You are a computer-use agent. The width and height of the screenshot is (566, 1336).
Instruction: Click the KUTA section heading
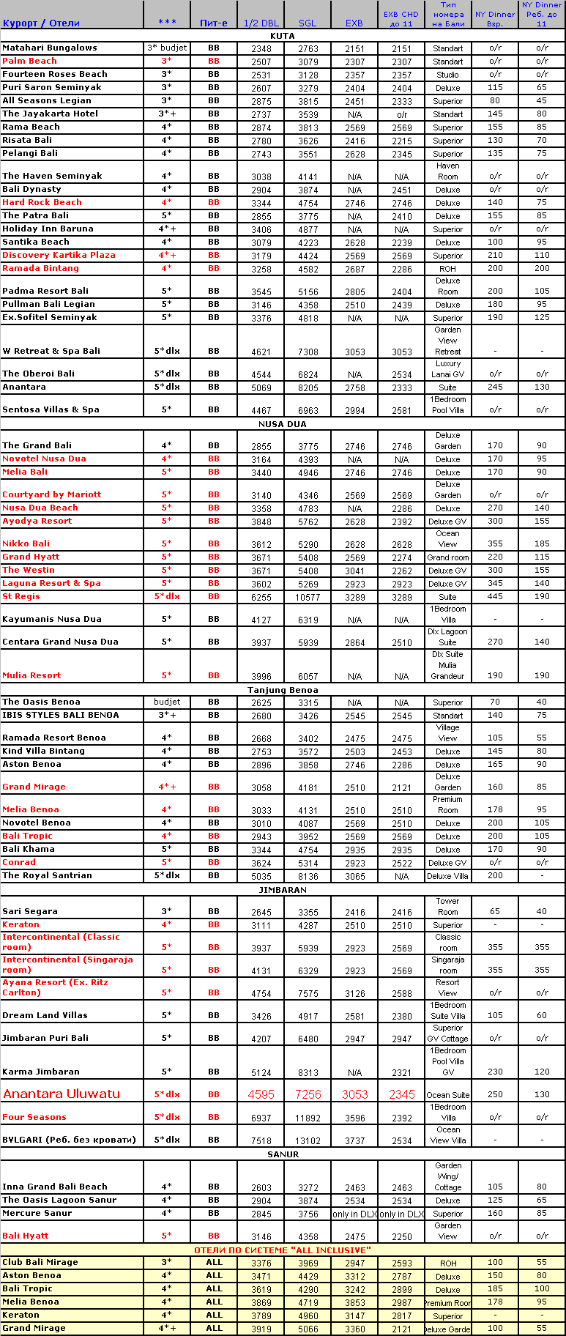[283, 35]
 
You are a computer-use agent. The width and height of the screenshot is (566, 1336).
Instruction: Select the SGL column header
[308, 23]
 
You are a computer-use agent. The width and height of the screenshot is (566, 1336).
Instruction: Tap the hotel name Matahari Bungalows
[50, 48]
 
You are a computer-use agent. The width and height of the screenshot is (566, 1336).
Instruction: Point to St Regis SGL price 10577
[308, 597]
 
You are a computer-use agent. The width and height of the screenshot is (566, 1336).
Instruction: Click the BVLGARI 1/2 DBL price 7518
[261, 1140]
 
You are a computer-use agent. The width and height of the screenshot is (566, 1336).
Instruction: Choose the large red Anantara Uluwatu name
[62, 1094]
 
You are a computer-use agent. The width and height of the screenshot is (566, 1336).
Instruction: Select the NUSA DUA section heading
[283, 424]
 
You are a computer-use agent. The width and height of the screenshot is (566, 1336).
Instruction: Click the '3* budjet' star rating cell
[167, 48]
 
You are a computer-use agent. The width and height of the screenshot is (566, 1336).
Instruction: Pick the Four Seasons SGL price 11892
[308, 1118]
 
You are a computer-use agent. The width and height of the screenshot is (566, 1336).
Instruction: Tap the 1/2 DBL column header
[261, 23]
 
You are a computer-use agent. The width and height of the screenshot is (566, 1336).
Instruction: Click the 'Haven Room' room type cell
[447, 171]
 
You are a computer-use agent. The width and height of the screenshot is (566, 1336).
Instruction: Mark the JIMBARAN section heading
[283, 890]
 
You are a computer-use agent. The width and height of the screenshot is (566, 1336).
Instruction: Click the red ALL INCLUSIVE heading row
[283, 1250]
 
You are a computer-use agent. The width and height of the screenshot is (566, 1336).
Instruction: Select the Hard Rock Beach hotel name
[42, 202]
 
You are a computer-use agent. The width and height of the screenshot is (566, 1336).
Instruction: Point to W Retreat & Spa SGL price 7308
[308, 352]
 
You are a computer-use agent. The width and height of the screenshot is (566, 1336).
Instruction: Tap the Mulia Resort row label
[31, 675]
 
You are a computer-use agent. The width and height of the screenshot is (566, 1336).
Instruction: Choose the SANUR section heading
[283, 1154]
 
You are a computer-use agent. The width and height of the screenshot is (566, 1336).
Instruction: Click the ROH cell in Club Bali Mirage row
[447, 1263]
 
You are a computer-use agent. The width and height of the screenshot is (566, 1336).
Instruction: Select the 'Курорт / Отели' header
[41, 23]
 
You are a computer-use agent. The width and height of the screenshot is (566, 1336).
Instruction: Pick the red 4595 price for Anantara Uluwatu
[261, 1094]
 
